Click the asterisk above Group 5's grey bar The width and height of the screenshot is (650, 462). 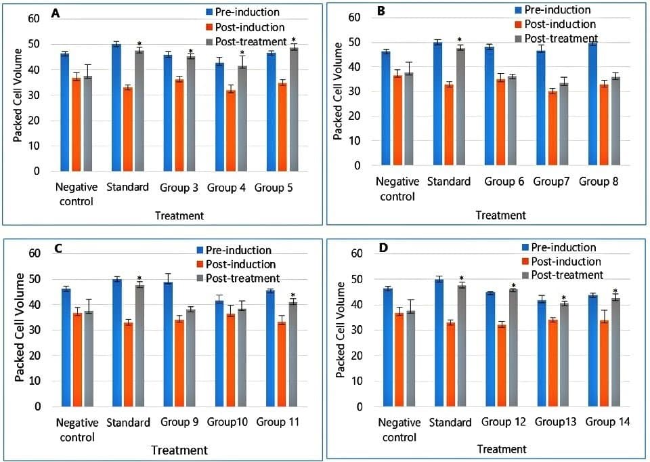click(x=294, y=40)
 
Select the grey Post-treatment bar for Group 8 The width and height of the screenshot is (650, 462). click(x=597, y=121)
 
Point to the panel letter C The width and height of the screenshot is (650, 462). click(x=58, y=248)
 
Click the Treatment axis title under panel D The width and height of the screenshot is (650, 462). click(x=501, y=448)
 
